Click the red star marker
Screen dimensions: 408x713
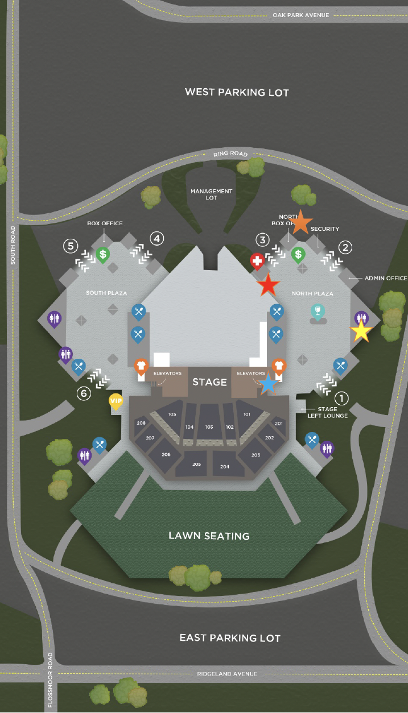point(268,284)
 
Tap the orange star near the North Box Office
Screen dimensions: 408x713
point(302,222)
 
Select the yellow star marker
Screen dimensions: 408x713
point(361,331)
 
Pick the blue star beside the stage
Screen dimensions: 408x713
point(268,383)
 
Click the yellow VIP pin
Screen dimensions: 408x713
point(116,401)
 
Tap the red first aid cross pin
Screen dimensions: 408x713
point(257,262)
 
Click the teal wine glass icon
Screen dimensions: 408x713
point(318,311)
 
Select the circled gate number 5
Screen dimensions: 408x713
point(71,246)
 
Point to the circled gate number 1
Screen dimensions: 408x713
point(341,398)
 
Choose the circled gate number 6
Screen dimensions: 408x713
point(84,393)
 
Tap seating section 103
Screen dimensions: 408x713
point(209,426)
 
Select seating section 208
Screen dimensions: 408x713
point(141,423)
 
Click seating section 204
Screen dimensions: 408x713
point(224,466)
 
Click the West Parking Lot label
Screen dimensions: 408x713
point(237,92)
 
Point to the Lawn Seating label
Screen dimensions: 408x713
point(209,536)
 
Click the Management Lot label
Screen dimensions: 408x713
point(211,194)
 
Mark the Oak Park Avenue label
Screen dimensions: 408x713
point(301,15)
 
